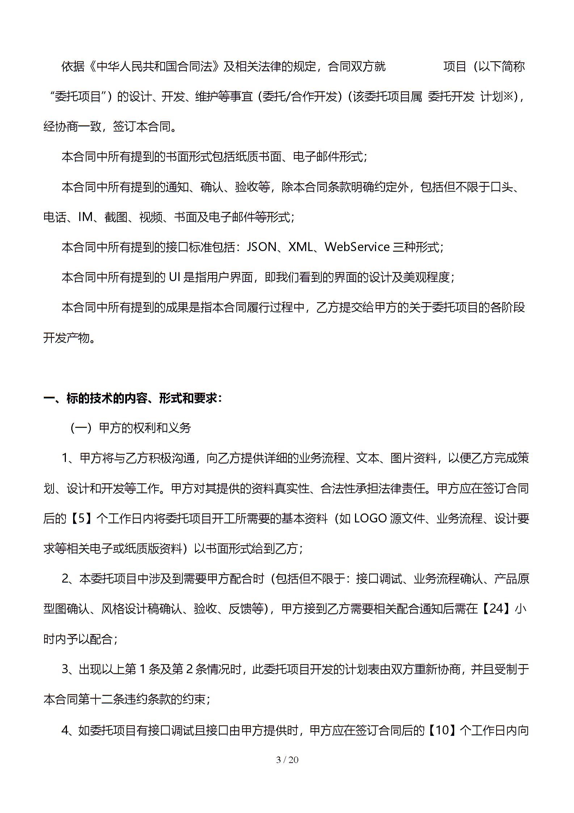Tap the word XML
coord(300,247)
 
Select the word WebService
coord(357,247)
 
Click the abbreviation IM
coord(85,217)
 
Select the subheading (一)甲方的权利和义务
coord(130,428)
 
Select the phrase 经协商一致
coord(72,127)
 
